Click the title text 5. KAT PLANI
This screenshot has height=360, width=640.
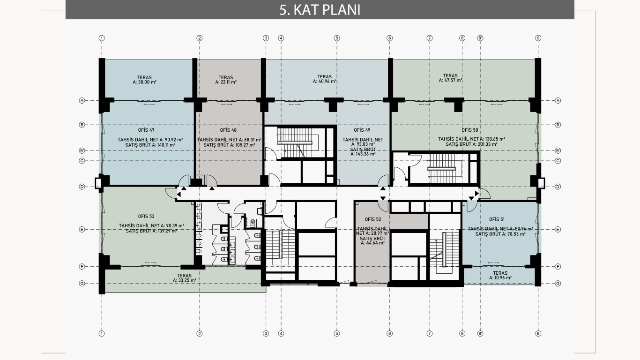[320, 10]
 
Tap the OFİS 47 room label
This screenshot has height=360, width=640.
[146, 130]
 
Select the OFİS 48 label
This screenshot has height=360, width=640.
[228, 130]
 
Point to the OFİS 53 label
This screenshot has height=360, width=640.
[146, 216]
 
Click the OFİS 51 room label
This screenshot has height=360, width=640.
[497, 219]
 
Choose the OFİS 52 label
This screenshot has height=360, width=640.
[373, 219]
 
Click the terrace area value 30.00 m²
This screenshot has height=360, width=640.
[145, 82]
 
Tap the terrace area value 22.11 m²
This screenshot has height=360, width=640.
[226, 82]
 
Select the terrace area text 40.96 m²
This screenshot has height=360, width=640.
[325, 81]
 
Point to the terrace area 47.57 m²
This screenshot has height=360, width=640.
[451, 80]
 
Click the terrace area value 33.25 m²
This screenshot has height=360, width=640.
[185, 280]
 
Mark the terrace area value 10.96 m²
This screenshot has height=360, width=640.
[500, 277]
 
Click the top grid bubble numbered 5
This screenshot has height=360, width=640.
[337, 38]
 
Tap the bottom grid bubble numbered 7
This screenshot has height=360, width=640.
[430, 333]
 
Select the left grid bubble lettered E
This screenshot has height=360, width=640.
[82, 229]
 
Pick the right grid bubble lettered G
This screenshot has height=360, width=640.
[558, 284]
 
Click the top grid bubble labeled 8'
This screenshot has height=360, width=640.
[480, 38]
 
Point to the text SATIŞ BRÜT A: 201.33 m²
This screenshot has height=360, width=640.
[471, 144]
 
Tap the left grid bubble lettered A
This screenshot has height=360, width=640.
[82, 101]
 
